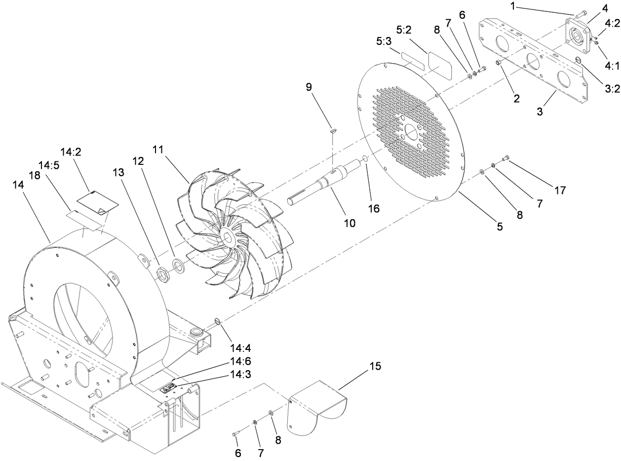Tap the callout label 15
(375, 367)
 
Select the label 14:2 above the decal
(71, 152)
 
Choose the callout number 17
(560, 190)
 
